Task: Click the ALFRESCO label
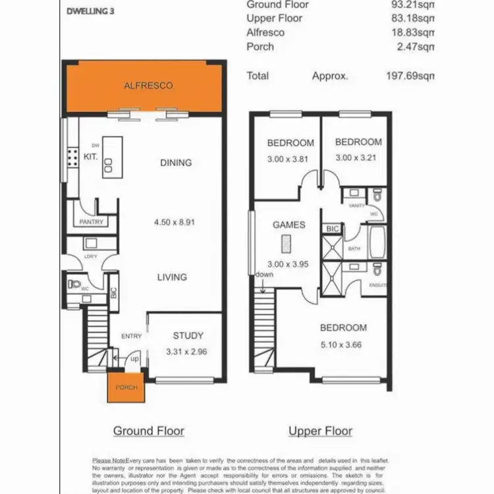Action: [148, 86]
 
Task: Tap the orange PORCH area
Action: [126, 387]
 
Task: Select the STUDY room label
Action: [188, 336]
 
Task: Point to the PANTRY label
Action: [91, 222]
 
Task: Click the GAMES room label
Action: [288, 225]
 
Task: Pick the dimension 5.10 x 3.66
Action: [343, 344]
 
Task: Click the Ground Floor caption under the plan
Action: [148, 431]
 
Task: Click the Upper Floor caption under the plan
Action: [320, 431]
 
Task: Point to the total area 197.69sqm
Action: [410, 76]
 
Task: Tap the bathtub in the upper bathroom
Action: [377, 242]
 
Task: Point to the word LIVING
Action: [172, 277]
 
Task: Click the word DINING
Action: [176, 163]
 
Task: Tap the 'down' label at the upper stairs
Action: [265, 275]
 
